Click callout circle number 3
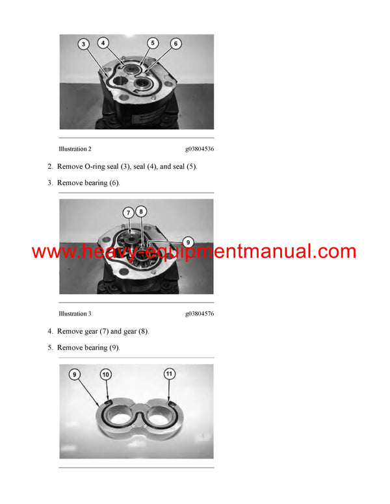click(x=84, y=45)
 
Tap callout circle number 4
click(x=103, y=43)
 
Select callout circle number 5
click(x=153, y=43)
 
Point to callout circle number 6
click(x=175, y=44)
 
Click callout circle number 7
click(x=129, y=212)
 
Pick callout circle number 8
click(x=142, y=211)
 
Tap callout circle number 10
click(x=105, y=374)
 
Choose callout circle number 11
click(x=169, y=374)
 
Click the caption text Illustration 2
click(x=75, y=149)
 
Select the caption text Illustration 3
click(x=75, y=314)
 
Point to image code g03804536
click(x=199, y=149)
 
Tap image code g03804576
click(x=199, y=314)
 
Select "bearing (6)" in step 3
click(x=101, y=183)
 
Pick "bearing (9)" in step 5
click(x=101, y=347)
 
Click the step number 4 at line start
click(x=50, y=331)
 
